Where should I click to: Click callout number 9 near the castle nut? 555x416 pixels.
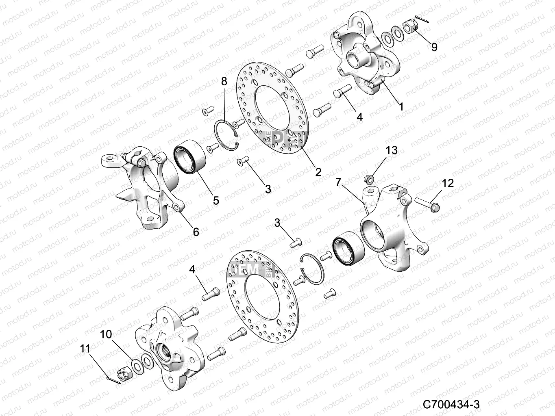pos(434,47)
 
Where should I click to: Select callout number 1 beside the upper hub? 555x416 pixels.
pos(401,106)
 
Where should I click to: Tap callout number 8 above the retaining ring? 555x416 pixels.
pos(224,81)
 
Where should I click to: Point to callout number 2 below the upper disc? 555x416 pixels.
pos(318,172)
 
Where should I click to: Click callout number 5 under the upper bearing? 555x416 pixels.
pos(216,200)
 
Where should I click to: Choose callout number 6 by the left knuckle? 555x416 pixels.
pos(196,232)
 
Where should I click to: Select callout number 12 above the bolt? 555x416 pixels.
pos(447,183)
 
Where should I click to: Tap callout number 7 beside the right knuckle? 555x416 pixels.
pos(338,182)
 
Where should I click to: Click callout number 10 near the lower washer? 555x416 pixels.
pos(106,334)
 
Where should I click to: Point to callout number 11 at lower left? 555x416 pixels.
pos(85,349)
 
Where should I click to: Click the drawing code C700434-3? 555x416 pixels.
pos(451,404)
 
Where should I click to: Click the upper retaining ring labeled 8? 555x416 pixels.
pos(226,134)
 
